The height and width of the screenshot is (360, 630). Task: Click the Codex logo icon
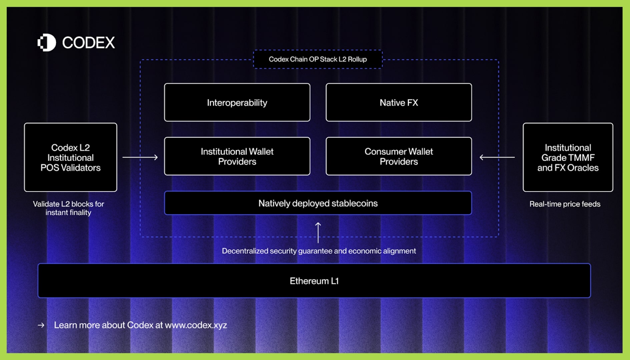(47, 43)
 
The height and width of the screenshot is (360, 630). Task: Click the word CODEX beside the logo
(88, 43)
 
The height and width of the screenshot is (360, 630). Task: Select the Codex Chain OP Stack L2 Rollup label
(318, 59)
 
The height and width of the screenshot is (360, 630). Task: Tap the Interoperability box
(237, 102)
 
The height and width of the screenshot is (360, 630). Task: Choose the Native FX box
(399, 102)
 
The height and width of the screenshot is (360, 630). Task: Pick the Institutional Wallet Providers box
(237, 156)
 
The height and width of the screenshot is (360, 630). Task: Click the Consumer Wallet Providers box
(399, 156)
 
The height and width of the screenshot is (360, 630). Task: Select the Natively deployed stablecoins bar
(318, 203)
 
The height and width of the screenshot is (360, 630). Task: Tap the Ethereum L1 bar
(314, 281)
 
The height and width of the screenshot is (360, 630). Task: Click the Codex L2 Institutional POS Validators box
(70, 157)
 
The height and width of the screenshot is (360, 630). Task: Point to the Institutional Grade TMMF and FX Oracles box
(568, 157)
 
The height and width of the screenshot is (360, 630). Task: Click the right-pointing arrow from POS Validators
(140, 157)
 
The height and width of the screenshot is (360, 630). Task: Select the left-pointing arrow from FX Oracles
(497, 157)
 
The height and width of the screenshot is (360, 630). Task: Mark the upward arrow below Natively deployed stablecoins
(318, 232)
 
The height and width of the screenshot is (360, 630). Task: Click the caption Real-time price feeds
(565, 204)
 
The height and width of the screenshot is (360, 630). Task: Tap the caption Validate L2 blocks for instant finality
(68, 208)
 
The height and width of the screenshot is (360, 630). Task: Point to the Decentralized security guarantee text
(319, 251)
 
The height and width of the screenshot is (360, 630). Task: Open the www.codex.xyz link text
(196, 325)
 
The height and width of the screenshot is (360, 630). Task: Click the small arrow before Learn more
(41, 325)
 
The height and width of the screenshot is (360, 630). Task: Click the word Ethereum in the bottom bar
(309, 281)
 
